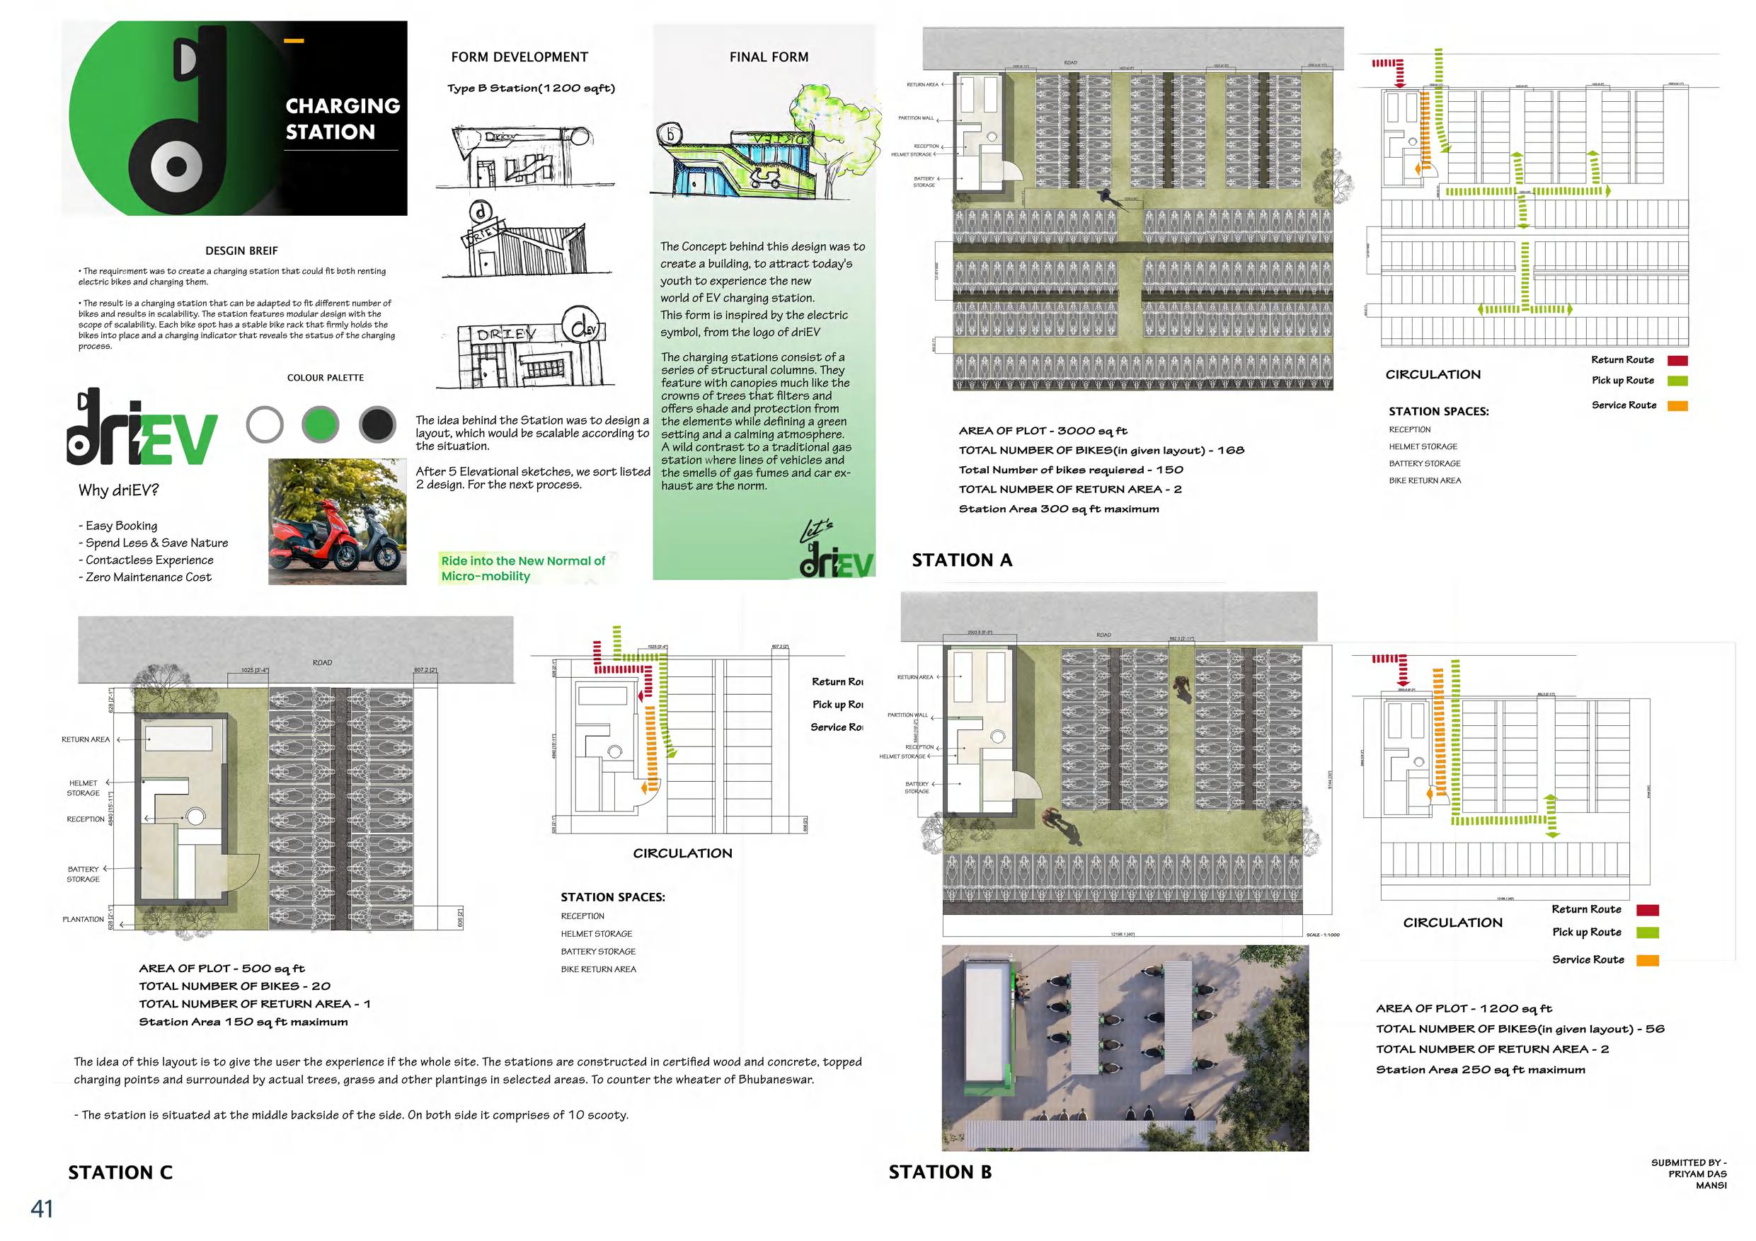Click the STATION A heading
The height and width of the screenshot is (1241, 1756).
961,560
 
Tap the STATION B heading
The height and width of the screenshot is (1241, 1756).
939,1172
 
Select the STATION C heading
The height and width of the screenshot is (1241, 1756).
120,1173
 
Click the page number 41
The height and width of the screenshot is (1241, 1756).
41,1209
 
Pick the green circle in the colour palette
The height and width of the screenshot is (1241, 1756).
321,425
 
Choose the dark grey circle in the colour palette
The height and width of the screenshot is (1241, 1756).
377,425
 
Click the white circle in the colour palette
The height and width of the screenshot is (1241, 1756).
265,425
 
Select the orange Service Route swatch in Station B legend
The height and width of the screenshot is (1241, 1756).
1648,960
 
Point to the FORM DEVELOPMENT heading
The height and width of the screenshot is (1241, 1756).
520,57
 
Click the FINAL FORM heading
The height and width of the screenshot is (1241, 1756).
769,57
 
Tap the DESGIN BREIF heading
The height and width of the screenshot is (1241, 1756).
241,250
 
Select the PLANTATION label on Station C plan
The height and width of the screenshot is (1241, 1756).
83,919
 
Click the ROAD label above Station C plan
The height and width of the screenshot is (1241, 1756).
322,662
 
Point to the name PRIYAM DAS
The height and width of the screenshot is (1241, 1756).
1697,1174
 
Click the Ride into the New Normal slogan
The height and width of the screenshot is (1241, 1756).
522,568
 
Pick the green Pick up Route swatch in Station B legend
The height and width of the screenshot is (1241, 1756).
1648,933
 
